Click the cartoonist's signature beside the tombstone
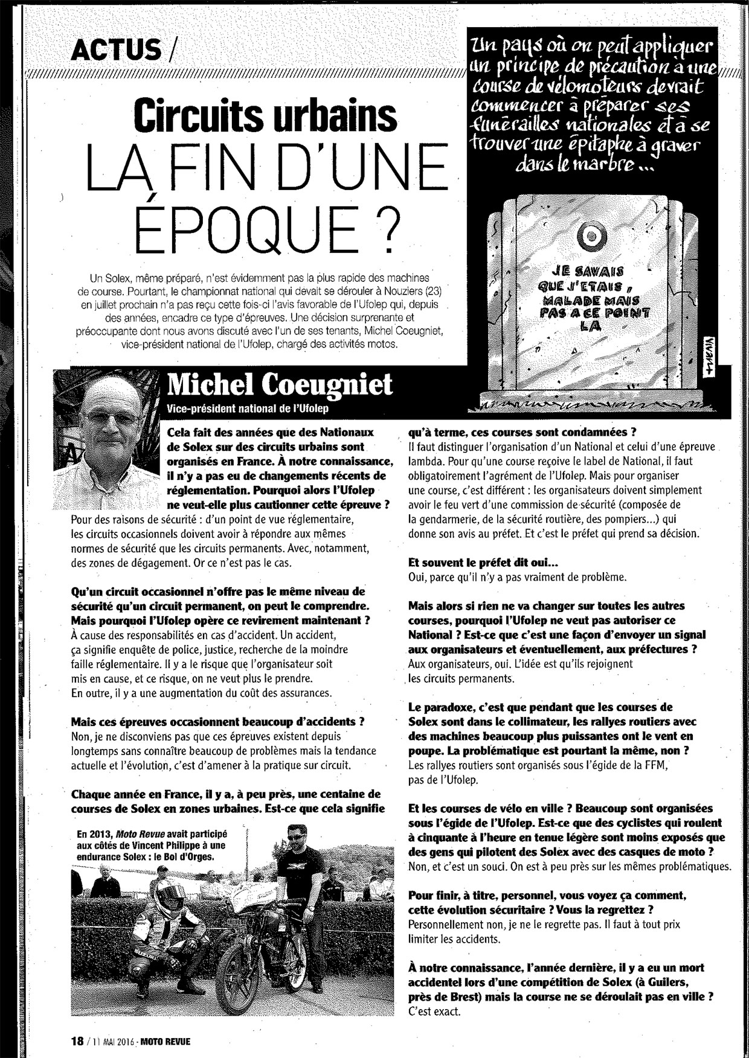pyautogui.click(x=703, y=354)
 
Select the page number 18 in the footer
pyautogui.click(x=77, y=1041)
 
